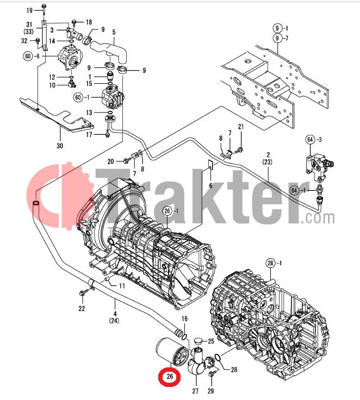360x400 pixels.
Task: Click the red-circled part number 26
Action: pyautogui.click(x=170, y=376)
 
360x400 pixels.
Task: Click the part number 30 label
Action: pyautogui.click(x=60, y=146)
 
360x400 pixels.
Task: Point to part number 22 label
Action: pyautogui.click(x=82, y=309)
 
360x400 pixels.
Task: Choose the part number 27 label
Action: pyautogui.click(x=195, y=390)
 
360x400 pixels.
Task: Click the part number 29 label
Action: pyautogui.click(x=211, y=390)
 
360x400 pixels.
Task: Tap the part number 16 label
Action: pyautogui.click(x=184, y=318)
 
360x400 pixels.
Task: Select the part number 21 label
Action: pyautogui.click(x=241, y=127)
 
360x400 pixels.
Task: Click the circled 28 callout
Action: pyautogui.click(x=271, y=264)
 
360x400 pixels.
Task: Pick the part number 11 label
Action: pyautogui.click(x=122, y=286)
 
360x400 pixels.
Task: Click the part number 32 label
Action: pyautogui.click(x=24, y=41)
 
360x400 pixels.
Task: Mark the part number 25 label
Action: pyautogui.click(x=211, y=341)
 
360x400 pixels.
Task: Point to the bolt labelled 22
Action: pyautogui.click(x=83, y=295)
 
